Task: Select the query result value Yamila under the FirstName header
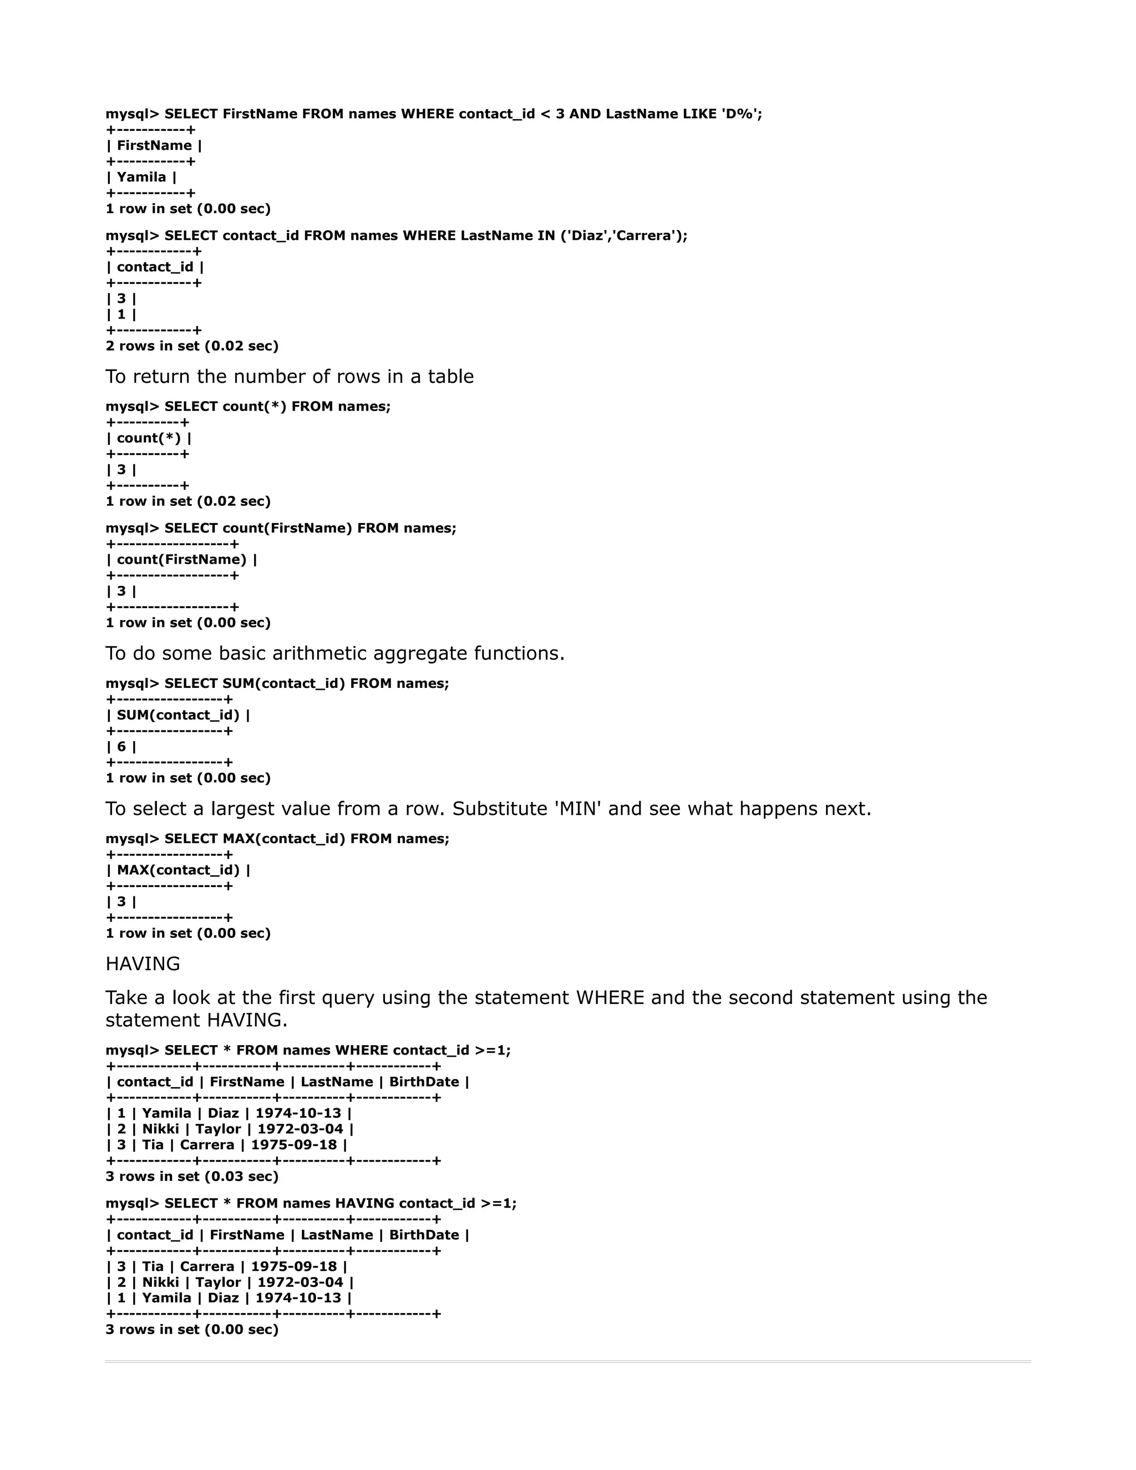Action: (x=141, y=177)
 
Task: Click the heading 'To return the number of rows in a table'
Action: (x=290, y=376)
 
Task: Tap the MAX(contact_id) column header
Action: (x=179, y=870)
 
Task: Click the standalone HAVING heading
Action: (x=143, y=964)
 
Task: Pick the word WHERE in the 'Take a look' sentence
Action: (x=610, y=997)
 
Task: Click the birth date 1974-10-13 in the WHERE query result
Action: (x=298, y=1113)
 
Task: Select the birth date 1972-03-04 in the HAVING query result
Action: (x=300, y=1282)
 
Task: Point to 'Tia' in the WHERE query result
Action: (x=153, y=1145)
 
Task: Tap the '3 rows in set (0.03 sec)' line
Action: (x=192, y=1176)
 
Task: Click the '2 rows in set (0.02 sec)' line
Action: (x=192, y=346)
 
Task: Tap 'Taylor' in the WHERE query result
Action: (x=218, y=1129)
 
